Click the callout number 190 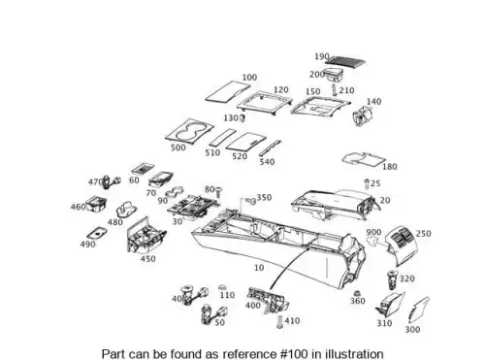322,56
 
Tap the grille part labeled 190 346,61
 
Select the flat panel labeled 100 228,91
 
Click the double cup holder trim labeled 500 189,131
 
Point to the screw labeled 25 367,184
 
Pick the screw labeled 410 280,322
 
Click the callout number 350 264,198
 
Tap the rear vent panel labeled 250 403,245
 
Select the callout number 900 373,232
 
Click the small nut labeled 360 357,293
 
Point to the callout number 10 259,268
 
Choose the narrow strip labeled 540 270,148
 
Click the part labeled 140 363,116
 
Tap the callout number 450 147,259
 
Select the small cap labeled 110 222,287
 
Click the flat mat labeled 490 97,233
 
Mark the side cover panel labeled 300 418,311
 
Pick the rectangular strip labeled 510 222,138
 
